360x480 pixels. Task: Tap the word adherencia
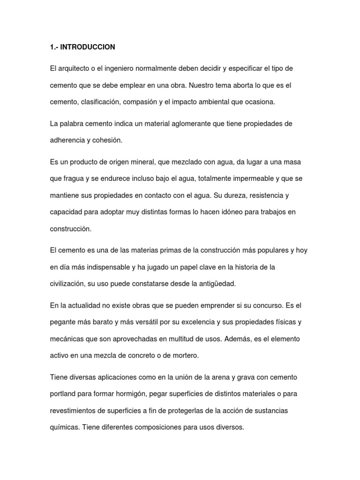point(67,140)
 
